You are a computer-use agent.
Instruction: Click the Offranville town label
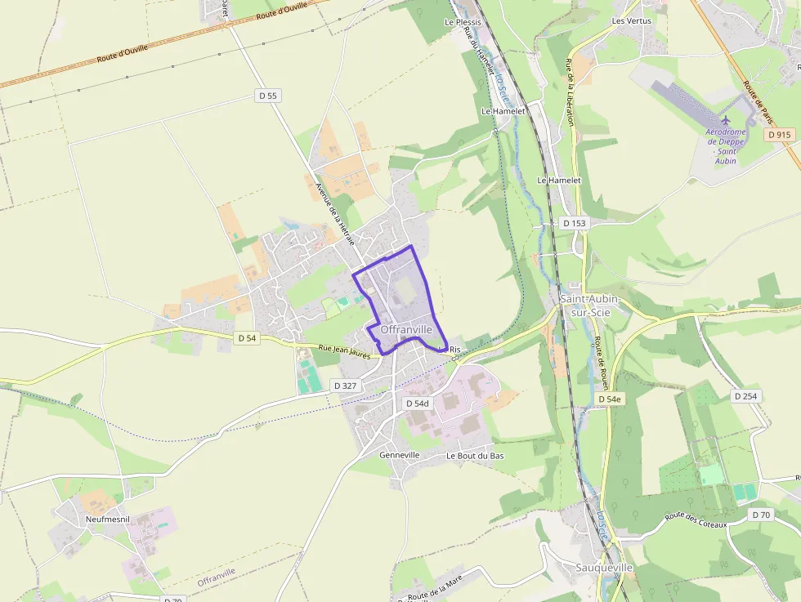pyautogui.click(x=406, y=329)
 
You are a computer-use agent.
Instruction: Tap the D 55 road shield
pyautogui.click(x=268, y=96)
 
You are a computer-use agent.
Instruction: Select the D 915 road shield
pyautogui.click(x=781, y=135)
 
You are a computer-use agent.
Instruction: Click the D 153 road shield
pyautogui.click(x=575, y=223)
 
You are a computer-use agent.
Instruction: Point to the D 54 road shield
pyautogui.click(x=247, y=337)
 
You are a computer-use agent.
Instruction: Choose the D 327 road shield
pyautogui.click(x=347, y=384)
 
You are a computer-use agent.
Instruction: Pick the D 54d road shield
pyautogui.click(x=417, y=404)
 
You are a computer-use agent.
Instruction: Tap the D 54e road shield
pyautogui.click(x=610, y=399)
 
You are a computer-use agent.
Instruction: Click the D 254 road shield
pyautogui.click(x=746, y=396)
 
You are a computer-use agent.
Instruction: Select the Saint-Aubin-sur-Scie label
pyautogui.click(x=589, y=305)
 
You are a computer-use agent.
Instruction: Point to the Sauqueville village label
pyautogui.click(x=604, y=567)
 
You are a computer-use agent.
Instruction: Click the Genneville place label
pyautogui.click(x=400, y=455)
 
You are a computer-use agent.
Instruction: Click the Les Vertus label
pyautogui.click(x=632, y=20)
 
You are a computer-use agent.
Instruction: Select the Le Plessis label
pyautogui.click(x=463, y=22)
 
